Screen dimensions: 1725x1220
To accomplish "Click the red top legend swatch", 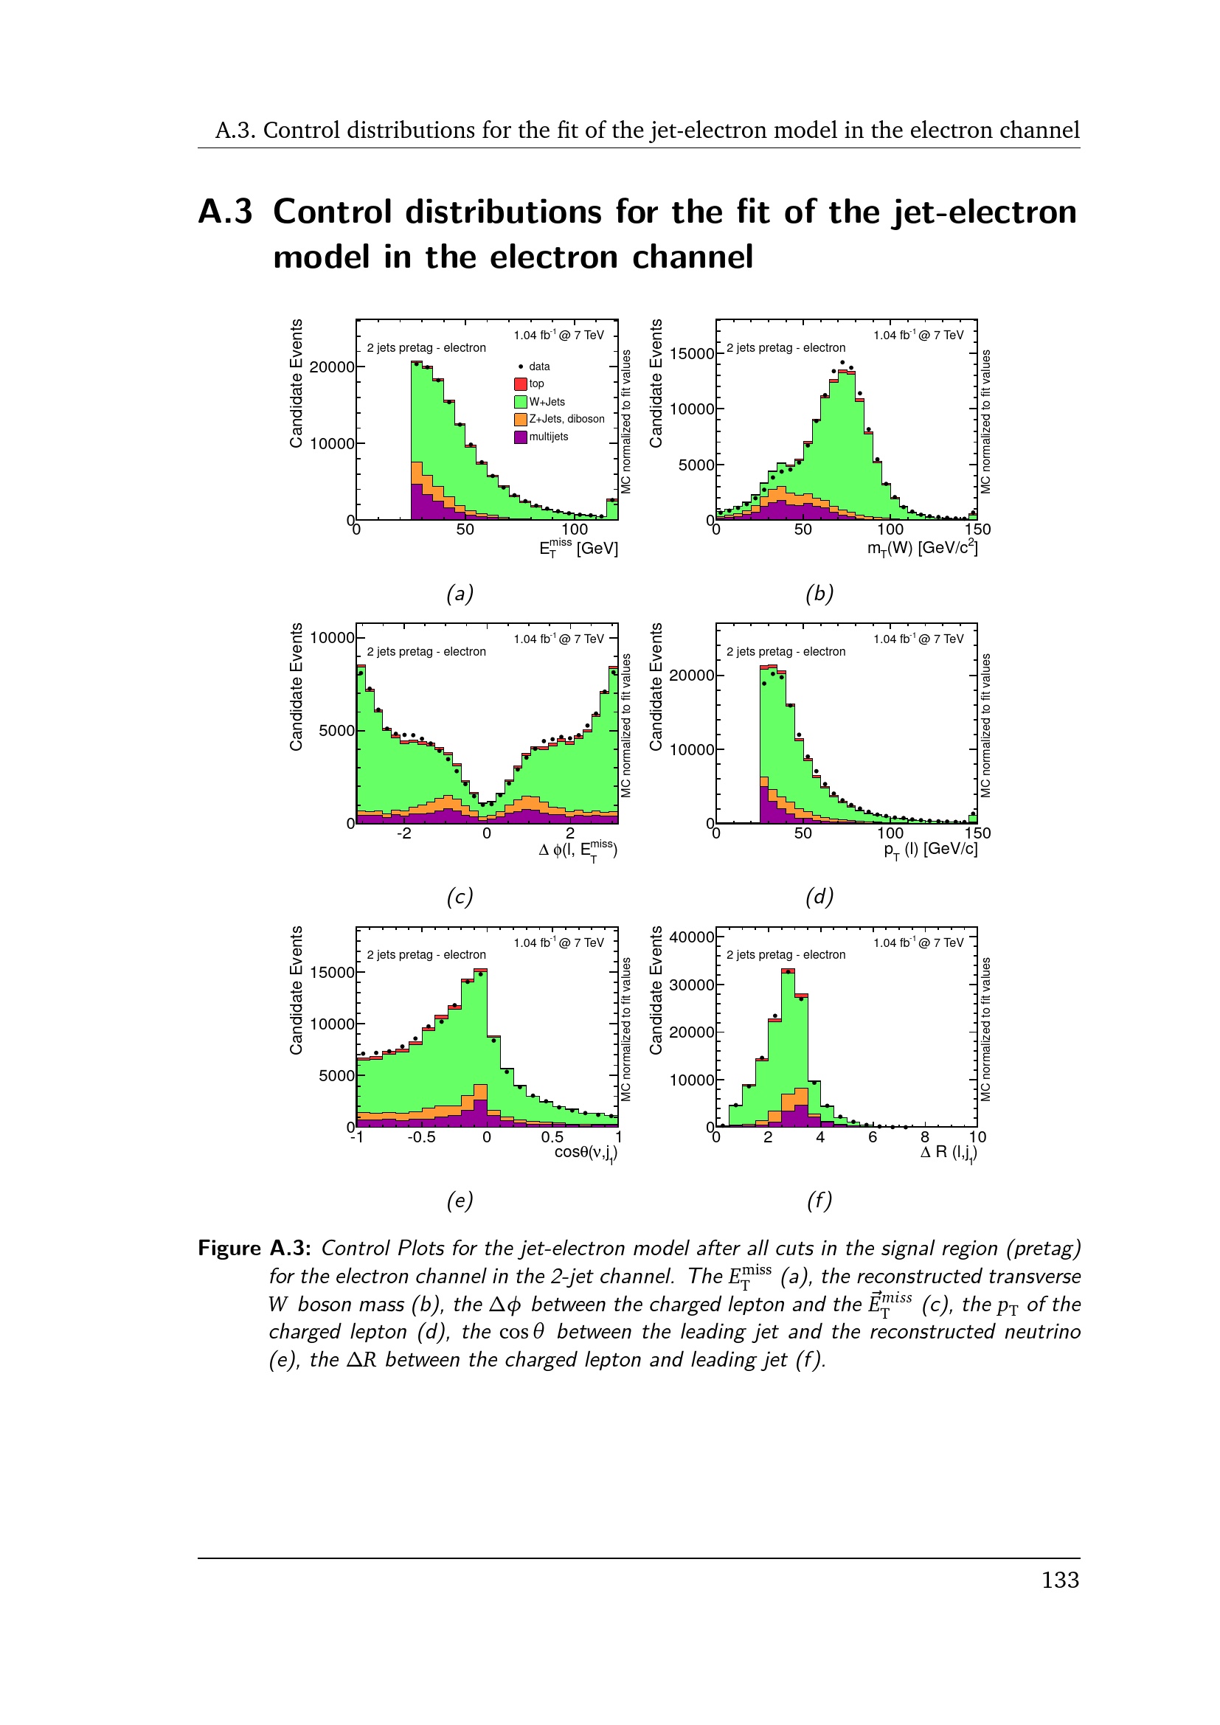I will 520,384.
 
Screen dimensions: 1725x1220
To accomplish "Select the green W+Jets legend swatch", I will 520,402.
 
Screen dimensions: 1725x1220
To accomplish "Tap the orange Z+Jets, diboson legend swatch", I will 520,419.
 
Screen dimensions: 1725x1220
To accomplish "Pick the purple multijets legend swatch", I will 520,437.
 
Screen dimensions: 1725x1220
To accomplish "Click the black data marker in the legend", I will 521,367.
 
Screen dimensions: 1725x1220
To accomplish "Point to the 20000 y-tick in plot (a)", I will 331,367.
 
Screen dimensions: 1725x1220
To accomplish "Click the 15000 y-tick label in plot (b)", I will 691,354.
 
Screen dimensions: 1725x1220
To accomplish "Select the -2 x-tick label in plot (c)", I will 404,833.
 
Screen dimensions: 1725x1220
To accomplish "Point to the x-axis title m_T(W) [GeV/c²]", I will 922,549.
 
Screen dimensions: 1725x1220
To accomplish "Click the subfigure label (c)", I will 460,897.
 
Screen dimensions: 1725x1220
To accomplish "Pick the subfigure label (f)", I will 819,1201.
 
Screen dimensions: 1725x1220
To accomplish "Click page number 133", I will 1060,1580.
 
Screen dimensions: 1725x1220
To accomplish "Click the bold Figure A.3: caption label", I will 254,1249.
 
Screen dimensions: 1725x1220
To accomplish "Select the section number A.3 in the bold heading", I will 226,212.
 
